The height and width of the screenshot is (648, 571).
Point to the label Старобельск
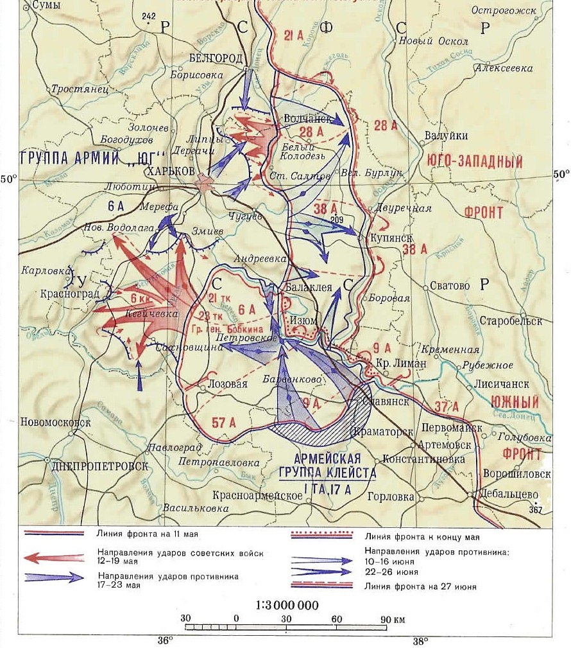coord(515,320)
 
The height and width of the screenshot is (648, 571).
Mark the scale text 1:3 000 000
coord(286,605)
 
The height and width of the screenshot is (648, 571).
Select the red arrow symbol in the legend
coord(54,557)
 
